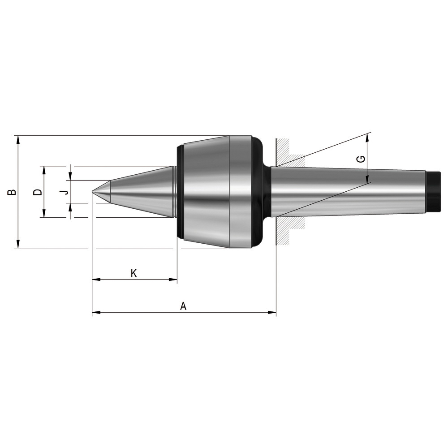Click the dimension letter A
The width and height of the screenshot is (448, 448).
(x=183, y=306)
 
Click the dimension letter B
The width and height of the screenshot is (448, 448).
(x=12, y=192)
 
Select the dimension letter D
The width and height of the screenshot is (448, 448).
(x=38, y=192)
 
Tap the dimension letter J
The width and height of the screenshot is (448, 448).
(x=66, y=192)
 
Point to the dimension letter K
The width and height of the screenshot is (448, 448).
(x=134, y=273)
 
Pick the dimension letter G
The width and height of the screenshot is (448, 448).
(x=361, y=159)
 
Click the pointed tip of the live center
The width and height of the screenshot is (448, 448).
(x=92, y=192)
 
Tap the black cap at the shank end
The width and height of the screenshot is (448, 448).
(x=433, y=192)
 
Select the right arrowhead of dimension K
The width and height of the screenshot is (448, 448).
(x=173, y=279)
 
